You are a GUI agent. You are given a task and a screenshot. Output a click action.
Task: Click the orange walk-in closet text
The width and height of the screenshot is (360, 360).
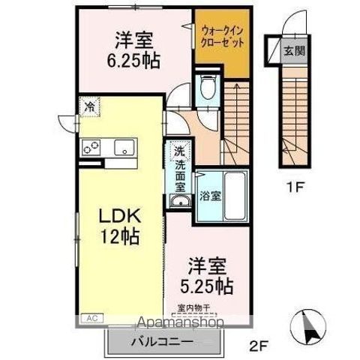(x=221, y=36)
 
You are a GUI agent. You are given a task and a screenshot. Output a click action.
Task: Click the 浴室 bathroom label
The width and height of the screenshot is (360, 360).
(x=209, y=197)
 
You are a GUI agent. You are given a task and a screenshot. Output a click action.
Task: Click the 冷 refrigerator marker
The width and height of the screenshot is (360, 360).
(x=89, y=106)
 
